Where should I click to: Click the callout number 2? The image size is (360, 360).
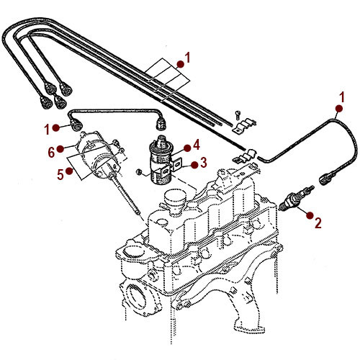(318, 223)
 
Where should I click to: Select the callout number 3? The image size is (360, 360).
(204, 163)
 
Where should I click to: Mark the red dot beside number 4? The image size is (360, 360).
(186, 147)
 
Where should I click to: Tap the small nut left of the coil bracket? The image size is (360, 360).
(139, 170)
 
